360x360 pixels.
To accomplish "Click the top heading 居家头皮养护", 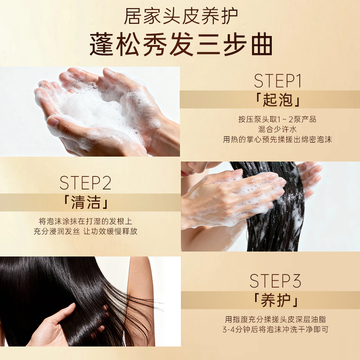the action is [x=181, y=16].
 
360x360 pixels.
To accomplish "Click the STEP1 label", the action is [x=278, y=81].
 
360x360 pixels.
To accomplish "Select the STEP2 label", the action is [x=85, y=183].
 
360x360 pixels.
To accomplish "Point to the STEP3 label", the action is [x=275, y=281].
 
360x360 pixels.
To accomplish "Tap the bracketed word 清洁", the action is [x=85, y=202].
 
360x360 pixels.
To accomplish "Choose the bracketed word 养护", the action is [x=275, y=301].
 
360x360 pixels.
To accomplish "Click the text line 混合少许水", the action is [x=277, y=129].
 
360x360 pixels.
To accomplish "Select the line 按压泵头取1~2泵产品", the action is [x=277, y=119].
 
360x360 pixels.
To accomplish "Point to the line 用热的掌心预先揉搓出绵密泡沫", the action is [x=277, y=139].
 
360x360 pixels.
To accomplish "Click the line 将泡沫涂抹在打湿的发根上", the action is [x=85, y=221].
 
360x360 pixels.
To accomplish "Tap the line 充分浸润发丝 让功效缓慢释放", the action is [x=85, y=231].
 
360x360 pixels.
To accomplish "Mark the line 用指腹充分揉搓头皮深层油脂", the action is [x=275, y=319].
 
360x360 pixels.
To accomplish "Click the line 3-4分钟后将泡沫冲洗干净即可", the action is [x=275, y=329].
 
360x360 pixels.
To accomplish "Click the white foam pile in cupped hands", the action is [x=92, y=110].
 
